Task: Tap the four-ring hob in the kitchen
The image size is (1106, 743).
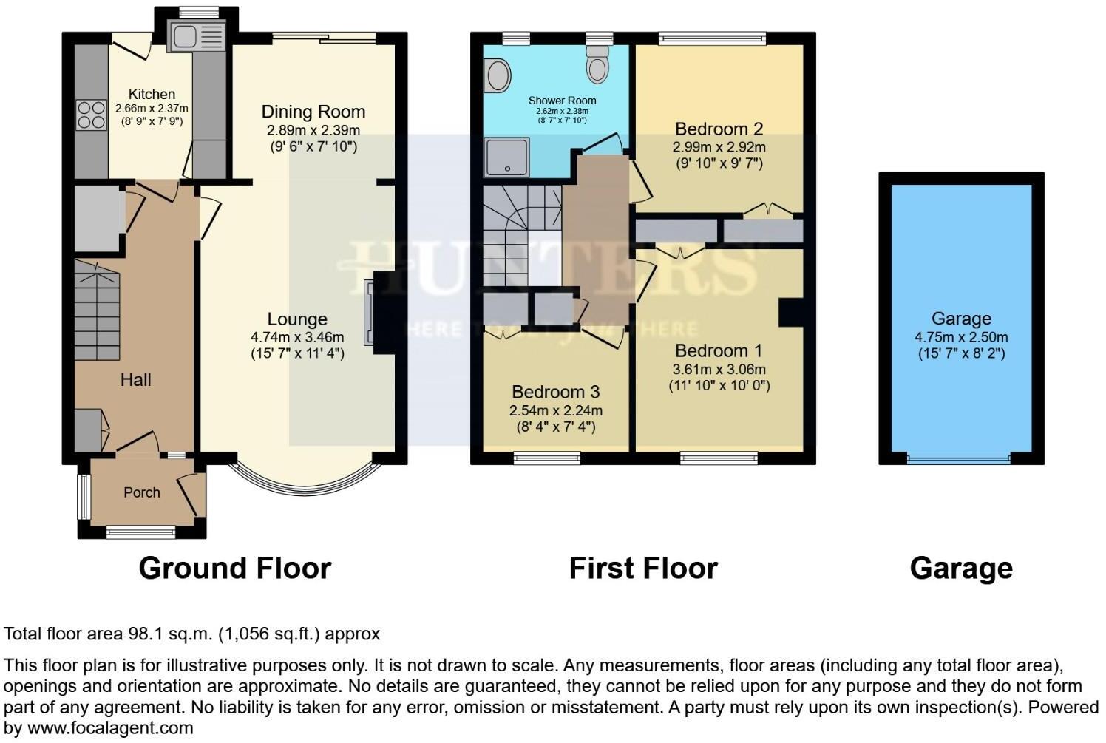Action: (x=91, y=114)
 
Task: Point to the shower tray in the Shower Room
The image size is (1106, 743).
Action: (x=506, y=156)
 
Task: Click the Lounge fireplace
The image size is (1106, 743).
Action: (x=370, y=313)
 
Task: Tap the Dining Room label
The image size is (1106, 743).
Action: (x=313, y=112)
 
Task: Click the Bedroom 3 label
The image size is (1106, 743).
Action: (x=555, y=392)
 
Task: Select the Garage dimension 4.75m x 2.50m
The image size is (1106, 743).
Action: (x=960, y=337)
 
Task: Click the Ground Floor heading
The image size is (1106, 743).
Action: (x=235, y=568)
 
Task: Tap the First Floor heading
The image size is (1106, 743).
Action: (x=642, y=568)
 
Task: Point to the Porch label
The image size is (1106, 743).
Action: (x=141, y=492)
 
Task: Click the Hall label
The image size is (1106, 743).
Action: (x=135, y=380)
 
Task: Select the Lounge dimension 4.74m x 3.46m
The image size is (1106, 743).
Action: (x=297, y=337)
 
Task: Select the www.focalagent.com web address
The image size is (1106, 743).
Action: (x=109, y=727)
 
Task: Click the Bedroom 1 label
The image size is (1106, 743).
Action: (x=719, y=350)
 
